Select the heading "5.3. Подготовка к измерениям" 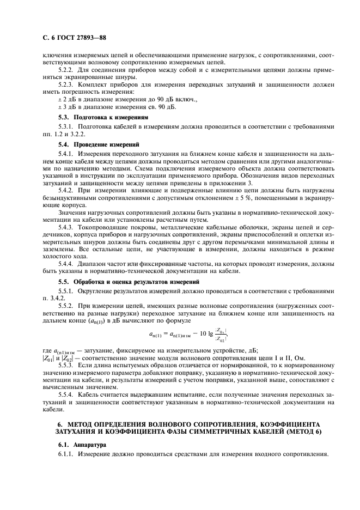102,117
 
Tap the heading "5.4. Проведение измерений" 99,144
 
